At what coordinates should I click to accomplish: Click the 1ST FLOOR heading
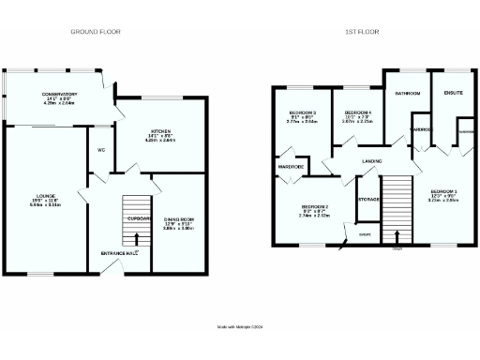361,32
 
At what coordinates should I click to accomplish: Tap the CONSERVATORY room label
58,95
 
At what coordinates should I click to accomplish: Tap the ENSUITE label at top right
454,93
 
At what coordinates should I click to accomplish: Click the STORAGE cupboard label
368,199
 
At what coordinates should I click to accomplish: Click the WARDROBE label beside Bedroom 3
289,167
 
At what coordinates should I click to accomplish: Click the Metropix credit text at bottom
240,326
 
